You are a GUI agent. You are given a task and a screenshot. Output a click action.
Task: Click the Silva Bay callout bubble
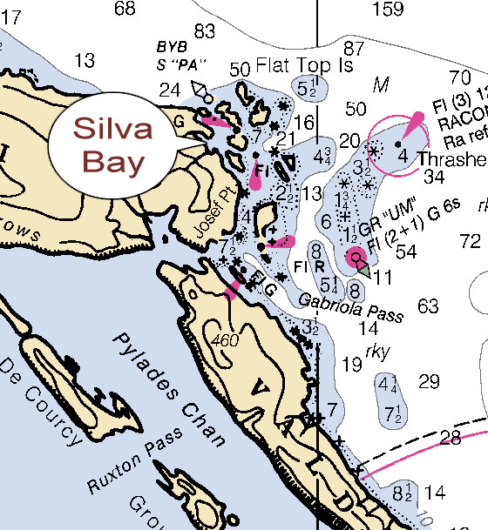click(112, 144)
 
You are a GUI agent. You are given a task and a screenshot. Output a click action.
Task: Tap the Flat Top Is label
click(284, 68)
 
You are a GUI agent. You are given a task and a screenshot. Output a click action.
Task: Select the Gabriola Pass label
click(349, 306)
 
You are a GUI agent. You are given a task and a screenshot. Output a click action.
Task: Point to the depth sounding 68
click(125, 9)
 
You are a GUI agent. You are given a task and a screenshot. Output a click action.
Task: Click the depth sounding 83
click(205, 31)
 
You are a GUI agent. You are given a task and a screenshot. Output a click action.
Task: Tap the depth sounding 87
click(354, 48)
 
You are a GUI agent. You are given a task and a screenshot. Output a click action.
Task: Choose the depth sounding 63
click(428, 306)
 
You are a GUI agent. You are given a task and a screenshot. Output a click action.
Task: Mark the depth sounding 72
click(471, 239)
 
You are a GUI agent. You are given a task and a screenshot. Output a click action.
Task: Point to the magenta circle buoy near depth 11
click(356, 256)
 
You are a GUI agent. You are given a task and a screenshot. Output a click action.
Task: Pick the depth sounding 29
click(428, 381)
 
